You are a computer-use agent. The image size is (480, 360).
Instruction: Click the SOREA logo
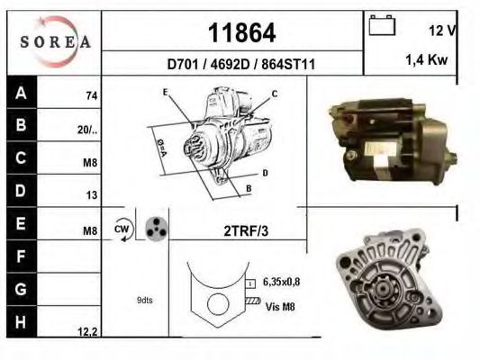(55, 40)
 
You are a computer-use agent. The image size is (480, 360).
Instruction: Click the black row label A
(21, 93)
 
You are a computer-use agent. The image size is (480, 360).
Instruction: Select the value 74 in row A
(91, 95)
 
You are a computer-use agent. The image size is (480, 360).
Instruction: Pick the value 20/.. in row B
(87, 129)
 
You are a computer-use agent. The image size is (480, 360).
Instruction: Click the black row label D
(21, 191)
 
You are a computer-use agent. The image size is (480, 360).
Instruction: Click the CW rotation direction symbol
(122, 229)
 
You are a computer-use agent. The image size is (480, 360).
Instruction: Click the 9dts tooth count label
(143, 300)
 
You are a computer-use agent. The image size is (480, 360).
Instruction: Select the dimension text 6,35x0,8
(281, 282)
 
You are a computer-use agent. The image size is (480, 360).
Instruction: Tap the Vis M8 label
(281, 306)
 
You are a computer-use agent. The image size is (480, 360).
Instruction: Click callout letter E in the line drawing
(166, 93)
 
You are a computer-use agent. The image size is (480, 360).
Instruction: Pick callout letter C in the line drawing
(274, 94)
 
